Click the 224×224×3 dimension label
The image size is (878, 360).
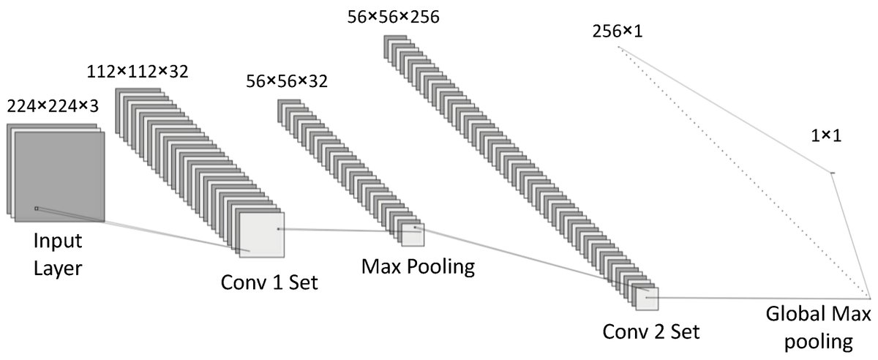pos(53,106)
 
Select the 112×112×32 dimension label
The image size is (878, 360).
pos(138,72)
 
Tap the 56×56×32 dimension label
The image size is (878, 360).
pos(288,82)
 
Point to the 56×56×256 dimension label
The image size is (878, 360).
pos(394,15)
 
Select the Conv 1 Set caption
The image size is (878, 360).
pos(269,282)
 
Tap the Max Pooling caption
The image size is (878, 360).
pos(418,266)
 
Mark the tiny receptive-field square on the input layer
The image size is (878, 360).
pos(36,209)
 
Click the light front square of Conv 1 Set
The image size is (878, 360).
pos(262,235)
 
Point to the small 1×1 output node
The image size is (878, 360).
pos(832,173)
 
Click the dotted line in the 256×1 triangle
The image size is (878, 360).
pos(739,168)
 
